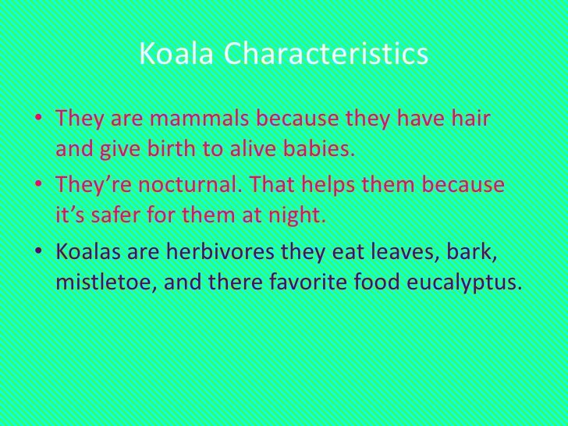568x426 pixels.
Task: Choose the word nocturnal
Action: (x=178, y=186)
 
